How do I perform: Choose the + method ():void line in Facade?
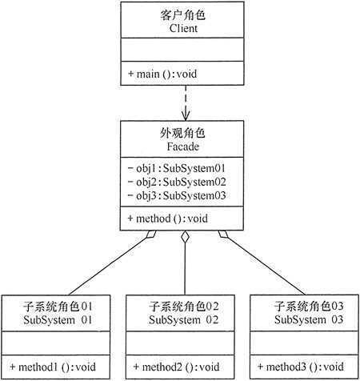168,218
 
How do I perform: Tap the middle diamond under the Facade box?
184,237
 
